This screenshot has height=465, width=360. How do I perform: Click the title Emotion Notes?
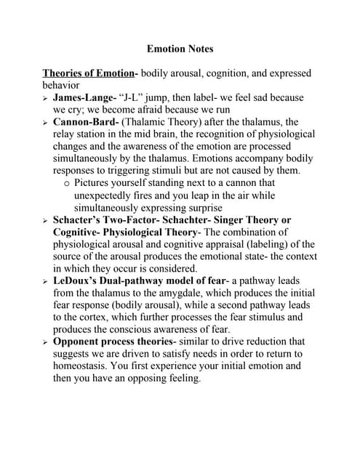180,49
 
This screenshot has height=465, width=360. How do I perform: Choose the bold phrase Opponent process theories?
111,341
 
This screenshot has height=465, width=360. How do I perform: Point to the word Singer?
233,219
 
